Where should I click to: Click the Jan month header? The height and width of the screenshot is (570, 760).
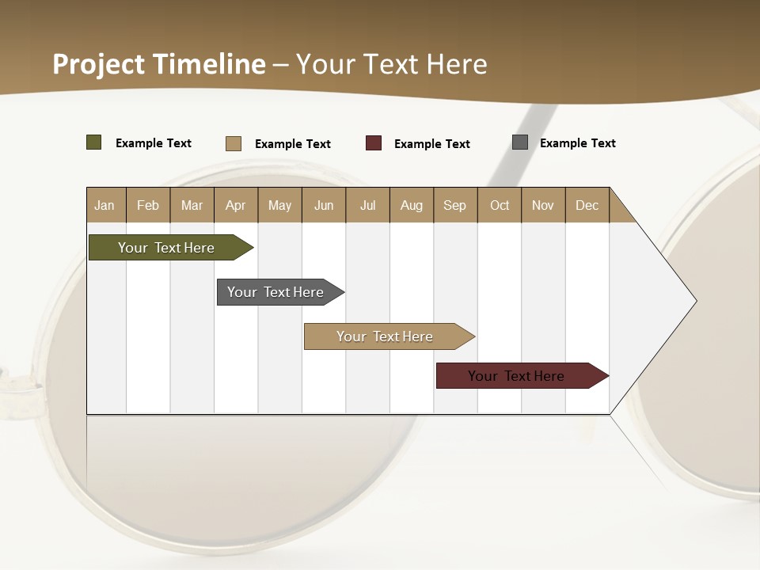[105, 205]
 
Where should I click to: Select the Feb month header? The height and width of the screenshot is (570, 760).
[148, 205]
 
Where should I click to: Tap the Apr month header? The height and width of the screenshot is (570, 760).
[236, 205]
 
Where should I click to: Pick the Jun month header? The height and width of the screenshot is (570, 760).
[324, 205]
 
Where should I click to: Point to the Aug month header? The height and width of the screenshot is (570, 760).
[412, 205]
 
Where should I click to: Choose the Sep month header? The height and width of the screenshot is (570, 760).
[455, 205]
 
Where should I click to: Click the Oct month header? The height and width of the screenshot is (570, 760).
[500, 205]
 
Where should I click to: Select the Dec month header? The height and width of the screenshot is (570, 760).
[587, 205]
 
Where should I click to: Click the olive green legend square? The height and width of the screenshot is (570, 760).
[94, 142]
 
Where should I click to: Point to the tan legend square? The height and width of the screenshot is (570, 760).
[234, 143]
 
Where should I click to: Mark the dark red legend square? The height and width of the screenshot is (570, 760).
[374, 143]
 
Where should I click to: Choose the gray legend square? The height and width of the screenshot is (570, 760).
[520, 142]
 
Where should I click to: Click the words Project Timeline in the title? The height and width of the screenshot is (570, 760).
[159, 64]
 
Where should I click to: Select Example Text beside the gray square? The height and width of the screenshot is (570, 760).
[577, 143]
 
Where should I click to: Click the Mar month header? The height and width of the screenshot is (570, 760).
[192, 205]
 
